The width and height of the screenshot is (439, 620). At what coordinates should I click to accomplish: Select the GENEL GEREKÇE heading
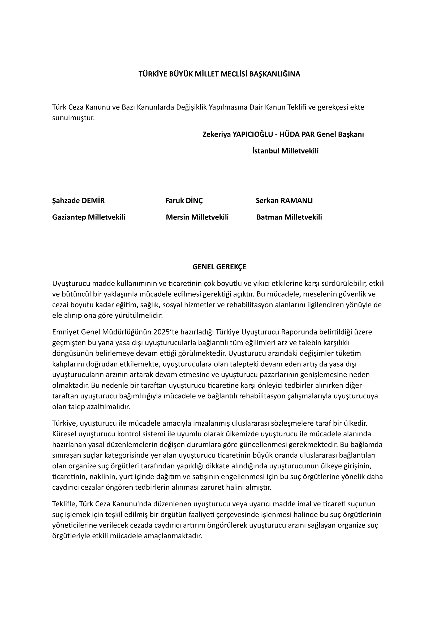pyautogui.click(x=219, y=267)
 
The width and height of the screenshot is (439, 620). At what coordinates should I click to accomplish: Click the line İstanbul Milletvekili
pyautogui.click(x=285, y=151)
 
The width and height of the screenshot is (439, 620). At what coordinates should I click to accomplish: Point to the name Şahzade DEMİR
pyautogui.click(x=78, y=201)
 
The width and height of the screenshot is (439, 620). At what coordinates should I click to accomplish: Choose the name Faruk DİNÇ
pyautogui.click(x=184, y=201)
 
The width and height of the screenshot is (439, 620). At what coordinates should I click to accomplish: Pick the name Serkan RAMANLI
pyautogui.click(x=284, y=201)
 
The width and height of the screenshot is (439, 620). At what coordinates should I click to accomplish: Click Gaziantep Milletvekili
pyautogui.click(x=89, y=217)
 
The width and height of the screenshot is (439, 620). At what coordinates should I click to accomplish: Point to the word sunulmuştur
pyautogui.click(x=74, y=118)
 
